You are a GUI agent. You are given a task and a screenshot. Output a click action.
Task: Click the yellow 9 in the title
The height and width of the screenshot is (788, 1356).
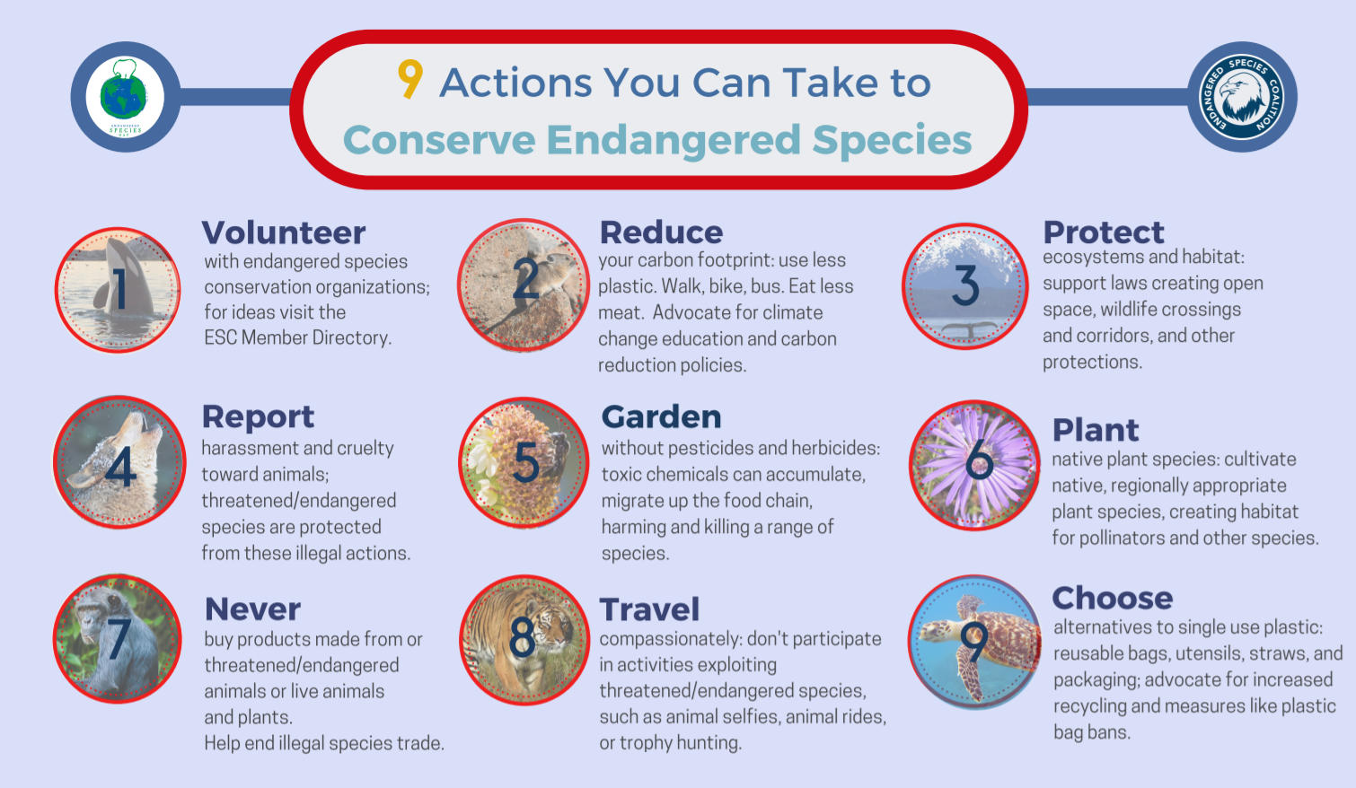(x=409, y=79)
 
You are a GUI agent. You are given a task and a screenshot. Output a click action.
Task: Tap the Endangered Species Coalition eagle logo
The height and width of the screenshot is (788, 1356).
(x=1242, y=97)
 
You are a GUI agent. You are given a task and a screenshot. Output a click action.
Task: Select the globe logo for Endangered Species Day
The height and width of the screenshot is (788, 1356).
(x=125, y=97)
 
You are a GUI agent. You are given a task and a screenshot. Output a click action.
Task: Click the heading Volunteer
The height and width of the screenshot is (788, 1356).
(x=283, y=233)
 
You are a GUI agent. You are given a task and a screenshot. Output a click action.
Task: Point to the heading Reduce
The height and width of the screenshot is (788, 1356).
(x=661, y=232)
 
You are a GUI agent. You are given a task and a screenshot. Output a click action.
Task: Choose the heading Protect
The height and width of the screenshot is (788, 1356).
(x=1103, y=232)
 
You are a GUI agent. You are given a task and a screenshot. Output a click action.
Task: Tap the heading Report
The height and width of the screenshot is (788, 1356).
(x=258, y=417)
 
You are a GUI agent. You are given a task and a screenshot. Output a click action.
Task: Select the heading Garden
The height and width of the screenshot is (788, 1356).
(x=661, y=417)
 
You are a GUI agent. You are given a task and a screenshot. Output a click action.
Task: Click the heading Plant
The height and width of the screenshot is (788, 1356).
(x=1095, y=430)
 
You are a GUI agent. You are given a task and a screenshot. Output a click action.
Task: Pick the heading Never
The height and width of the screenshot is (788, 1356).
(x=252, y=609)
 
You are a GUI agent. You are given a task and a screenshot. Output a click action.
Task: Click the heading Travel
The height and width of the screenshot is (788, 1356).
(x=649, y=609)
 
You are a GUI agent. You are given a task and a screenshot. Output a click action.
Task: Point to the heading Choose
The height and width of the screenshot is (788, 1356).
(x=1112, y=598)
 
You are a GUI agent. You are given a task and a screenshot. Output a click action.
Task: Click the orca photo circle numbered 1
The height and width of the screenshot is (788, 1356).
(x=118, y=290)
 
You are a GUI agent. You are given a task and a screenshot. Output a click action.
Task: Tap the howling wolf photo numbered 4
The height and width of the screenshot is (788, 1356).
(x=119, y=462)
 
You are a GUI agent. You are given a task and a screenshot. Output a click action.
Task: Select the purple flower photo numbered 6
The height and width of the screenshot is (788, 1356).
(x=974, y=465)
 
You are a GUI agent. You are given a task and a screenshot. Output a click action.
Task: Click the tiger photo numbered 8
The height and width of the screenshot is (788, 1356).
(x=524, y=640)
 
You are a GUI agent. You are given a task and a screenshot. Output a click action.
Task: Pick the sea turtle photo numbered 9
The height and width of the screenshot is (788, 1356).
(x=974, y=642)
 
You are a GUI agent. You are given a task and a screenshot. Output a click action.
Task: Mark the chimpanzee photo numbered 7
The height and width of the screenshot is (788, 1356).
(x=118, y=638)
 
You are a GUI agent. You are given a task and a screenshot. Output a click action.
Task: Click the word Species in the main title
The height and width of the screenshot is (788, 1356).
(x=892, y=140)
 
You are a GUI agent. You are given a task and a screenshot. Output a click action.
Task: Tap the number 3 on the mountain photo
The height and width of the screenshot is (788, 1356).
(x=965, y=285)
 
